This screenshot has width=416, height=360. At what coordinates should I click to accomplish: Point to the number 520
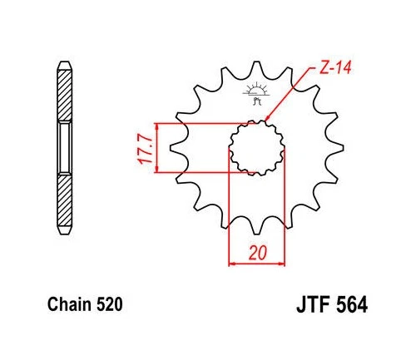(x=109, y=305)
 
